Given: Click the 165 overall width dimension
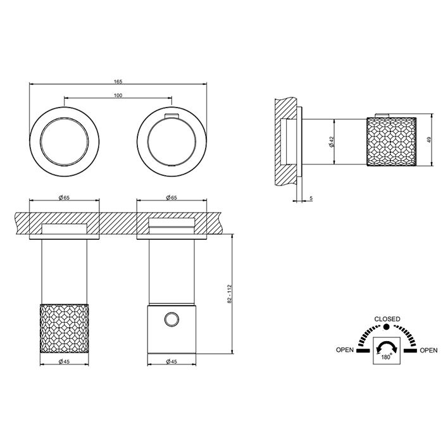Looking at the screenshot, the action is (x=118, y=82).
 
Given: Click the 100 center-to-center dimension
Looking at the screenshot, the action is (x=118, y=95).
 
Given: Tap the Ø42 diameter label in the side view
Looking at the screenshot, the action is (x=332, y=142).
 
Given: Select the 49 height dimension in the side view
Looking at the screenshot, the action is (x=430, y=140).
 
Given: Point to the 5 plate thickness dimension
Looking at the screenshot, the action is (x=311, y=198).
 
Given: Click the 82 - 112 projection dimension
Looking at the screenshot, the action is (x=229, y=294).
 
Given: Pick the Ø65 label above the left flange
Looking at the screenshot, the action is (x=64, y=197).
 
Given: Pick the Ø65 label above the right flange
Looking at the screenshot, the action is (x=172, y=197).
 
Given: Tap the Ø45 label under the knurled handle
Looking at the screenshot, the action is (x=64, y=361).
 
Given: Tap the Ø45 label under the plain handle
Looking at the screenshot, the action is (x=172, y=361).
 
